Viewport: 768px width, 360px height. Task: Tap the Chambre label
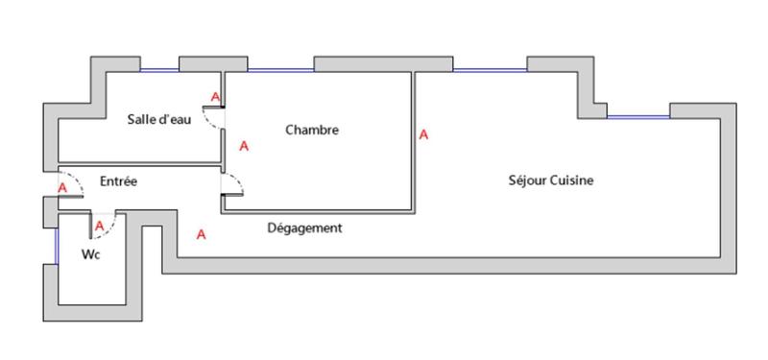[x=312, y=130]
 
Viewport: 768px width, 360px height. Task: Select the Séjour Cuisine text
[x=551, y=180]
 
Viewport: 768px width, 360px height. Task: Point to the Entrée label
[x=119, y=180]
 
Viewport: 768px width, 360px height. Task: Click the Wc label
[x=92, y=254]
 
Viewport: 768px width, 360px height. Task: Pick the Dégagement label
[x=304, y=228]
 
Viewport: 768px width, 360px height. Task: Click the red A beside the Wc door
[x=99, y=225]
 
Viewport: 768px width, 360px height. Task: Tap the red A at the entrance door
[x=62, y=188]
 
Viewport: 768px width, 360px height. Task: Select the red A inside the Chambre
[x=244, y=147]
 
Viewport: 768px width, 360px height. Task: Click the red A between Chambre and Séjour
[x=423, y=135]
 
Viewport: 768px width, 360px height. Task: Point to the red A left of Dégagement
[x=201, y=234]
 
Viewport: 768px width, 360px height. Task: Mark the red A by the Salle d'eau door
[x=216, y=97]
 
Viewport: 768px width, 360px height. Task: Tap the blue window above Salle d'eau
[x=159, y=70]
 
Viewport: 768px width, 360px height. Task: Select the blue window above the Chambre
[x=280, y=70]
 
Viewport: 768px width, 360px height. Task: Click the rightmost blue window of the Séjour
[x=637, y=117]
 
